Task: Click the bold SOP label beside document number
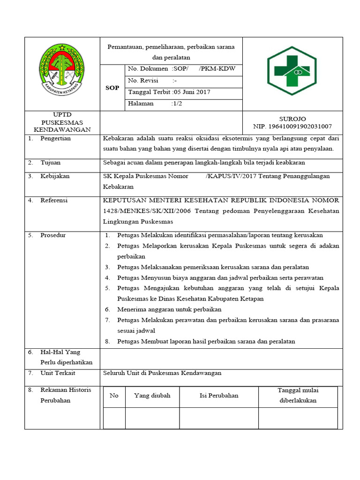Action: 112,88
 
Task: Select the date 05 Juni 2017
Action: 192,92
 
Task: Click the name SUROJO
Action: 292,119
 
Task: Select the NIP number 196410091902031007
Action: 292,127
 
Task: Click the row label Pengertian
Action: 55,139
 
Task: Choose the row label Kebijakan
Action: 55,176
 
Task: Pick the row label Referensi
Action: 54,200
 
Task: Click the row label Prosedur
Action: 53,235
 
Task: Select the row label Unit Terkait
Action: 58,373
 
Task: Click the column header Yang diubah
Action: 152,396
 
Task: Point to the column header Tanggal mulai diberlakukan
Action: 298,395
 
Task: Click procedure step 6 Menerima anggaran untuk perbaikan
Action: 169,309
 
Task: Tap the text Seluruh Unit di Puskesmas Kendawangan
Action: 162,373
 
